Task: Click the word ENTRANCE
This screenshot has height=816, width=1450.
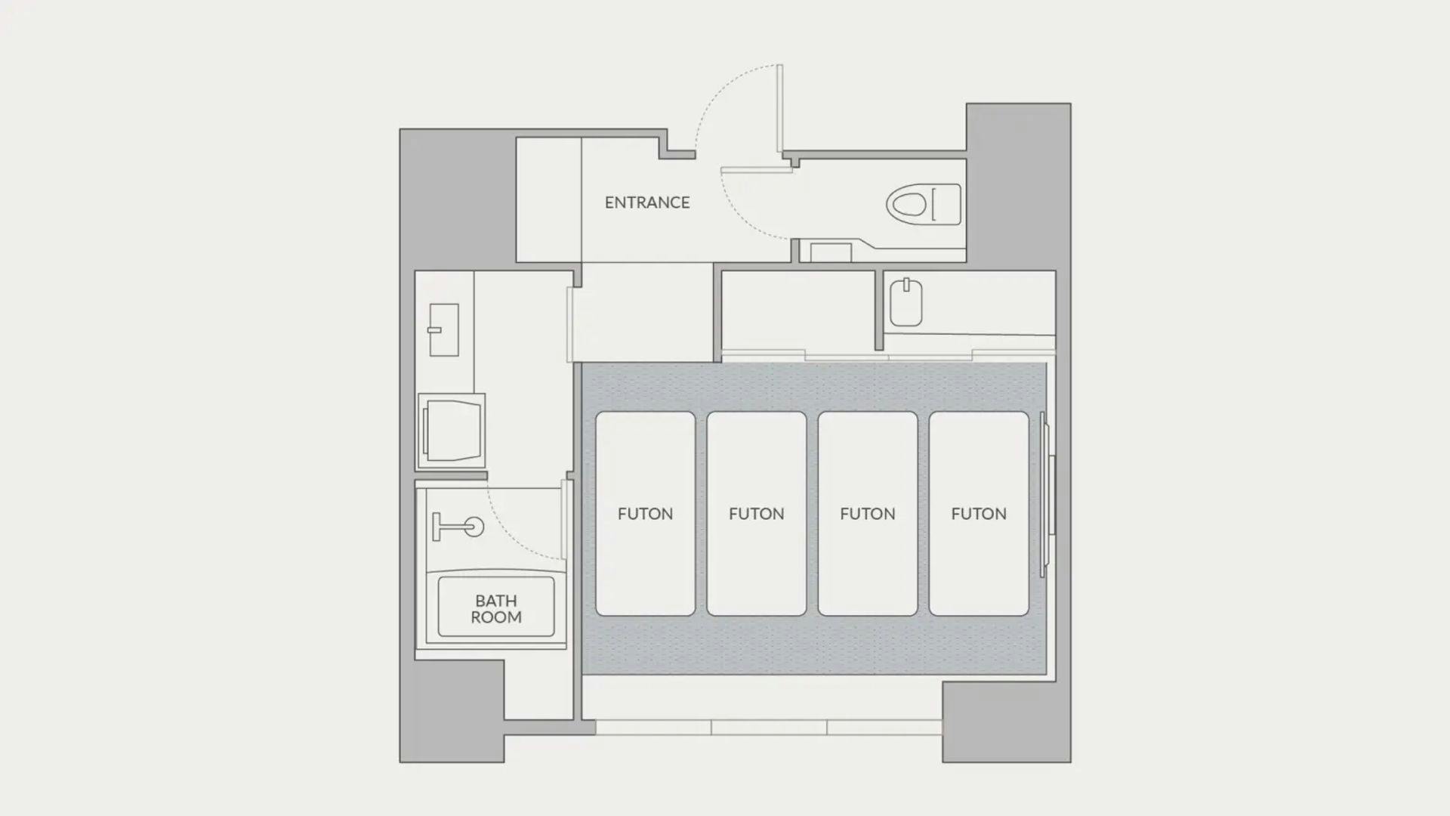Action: [647, 202]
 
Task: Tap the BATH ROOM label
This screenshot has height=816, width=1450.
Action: [496, 609]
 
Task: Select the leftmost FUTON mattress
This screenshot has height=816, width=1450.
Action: [645, 514]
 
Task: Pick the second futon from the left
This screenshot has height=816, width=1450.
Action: [756, 514]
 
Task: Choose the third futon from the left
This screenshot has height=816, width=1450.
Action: [868, 514]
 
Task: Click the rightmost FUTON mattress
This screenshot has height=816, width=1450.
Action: [979, 514]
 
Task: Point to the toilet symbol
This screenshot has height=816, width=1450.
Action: [924, 205]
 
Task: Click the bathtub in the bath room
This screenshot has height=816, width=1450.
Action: [496, 607]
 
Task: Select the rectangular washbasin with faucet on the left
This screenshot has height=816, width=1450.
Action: [443, 330]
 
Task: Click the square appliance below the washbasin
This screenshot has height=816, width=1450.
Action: [452, 431]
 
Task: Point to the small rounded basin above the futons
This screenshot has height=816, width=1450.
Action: [906, 302]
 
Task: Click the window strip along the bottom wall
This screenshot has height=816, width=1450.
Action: [769, 728]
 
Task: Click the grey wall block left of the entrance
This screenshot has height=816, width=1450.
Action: [458, 199]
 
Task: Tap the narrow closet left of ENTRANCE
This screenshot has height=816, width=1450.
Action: [549, 199]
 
